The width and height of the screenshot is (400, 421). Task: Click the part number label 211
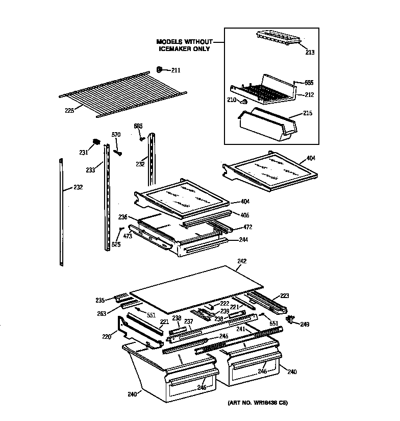click(x=176, y=70)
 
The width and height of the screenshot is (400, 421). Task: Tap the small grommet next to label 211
click(x=159, y=69)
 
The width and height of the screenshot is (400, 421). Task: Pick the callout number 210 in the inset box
click(x=232, y=100)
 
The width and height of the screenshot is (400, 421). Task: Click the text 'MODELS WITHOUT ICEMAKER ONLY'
click(x=183, y=45)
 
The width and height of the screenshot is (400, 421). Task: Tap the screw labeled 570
click(x=118, y=151)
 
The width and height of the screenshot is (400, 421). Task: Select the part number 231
click(x=84, y=152)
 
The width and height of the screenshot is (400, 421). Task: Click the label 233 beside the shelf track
click(x=90, y=170)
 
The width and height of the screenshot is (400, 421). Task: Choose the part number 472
click(x=247, y=227)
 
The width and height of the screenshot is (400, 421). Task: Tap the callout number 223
click(x=284, y=296)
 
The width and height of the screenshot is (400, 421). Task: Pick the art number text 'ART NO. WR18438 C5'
click(x=258, y=403)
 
